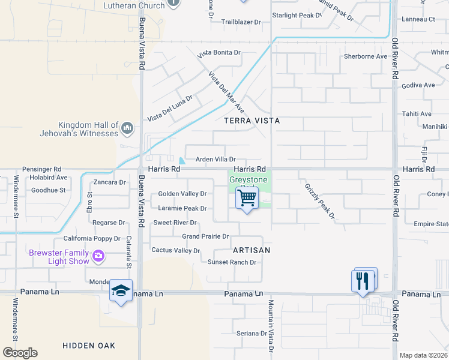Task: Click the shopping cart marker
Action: click(247, 199)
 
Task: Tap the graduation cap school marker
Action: click(121, 291)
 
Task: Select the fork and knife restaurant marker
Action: click(362, 281)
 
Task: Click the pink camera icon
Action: click(98, 257)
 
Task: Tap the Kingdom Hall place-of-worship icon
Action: click(127, 128)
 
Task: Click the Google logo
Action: click(20, 353)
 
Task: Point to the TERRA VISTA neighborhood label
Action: click(252, 121)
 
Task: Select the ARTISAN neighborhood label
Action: click(252, 250)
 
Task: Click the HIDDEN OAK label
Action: click(89, 346)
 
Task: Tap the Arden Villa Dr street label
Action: click(215, 160)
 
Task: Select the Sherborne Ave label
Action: click(365, 56)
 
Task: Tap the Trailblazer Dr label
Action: click(241, 22)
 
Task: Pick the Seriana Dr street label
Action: click(251, 334)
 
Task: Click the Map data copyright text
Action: click(423, 355)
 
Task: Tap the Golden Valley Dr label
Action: click(182, 194)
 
